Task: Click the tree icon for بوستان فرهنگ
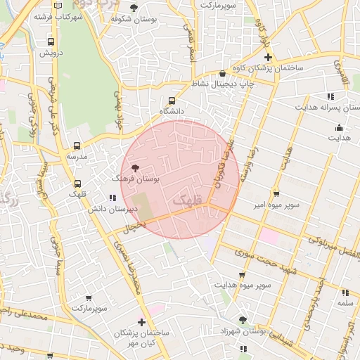[x=134, y=168]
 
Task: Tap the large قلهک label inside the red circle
[x=186, y=202]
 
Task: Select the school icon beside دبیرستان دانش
[x=112, y=198]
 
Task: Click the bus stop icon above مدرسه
[x=77, y=146]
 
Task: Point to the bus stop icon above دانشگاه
[x=172, y=101]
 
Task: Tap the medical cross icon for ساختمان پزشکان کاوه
[x=268, y=56]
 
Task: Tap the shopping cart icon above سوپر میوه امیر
[x=276, y=193]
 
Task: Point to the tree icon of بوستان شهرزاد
[x=242, y=320]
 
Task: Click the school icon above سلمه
[x=345, y=292]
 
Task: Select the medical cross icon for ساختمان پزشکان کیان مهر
[x=142, y=323]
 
